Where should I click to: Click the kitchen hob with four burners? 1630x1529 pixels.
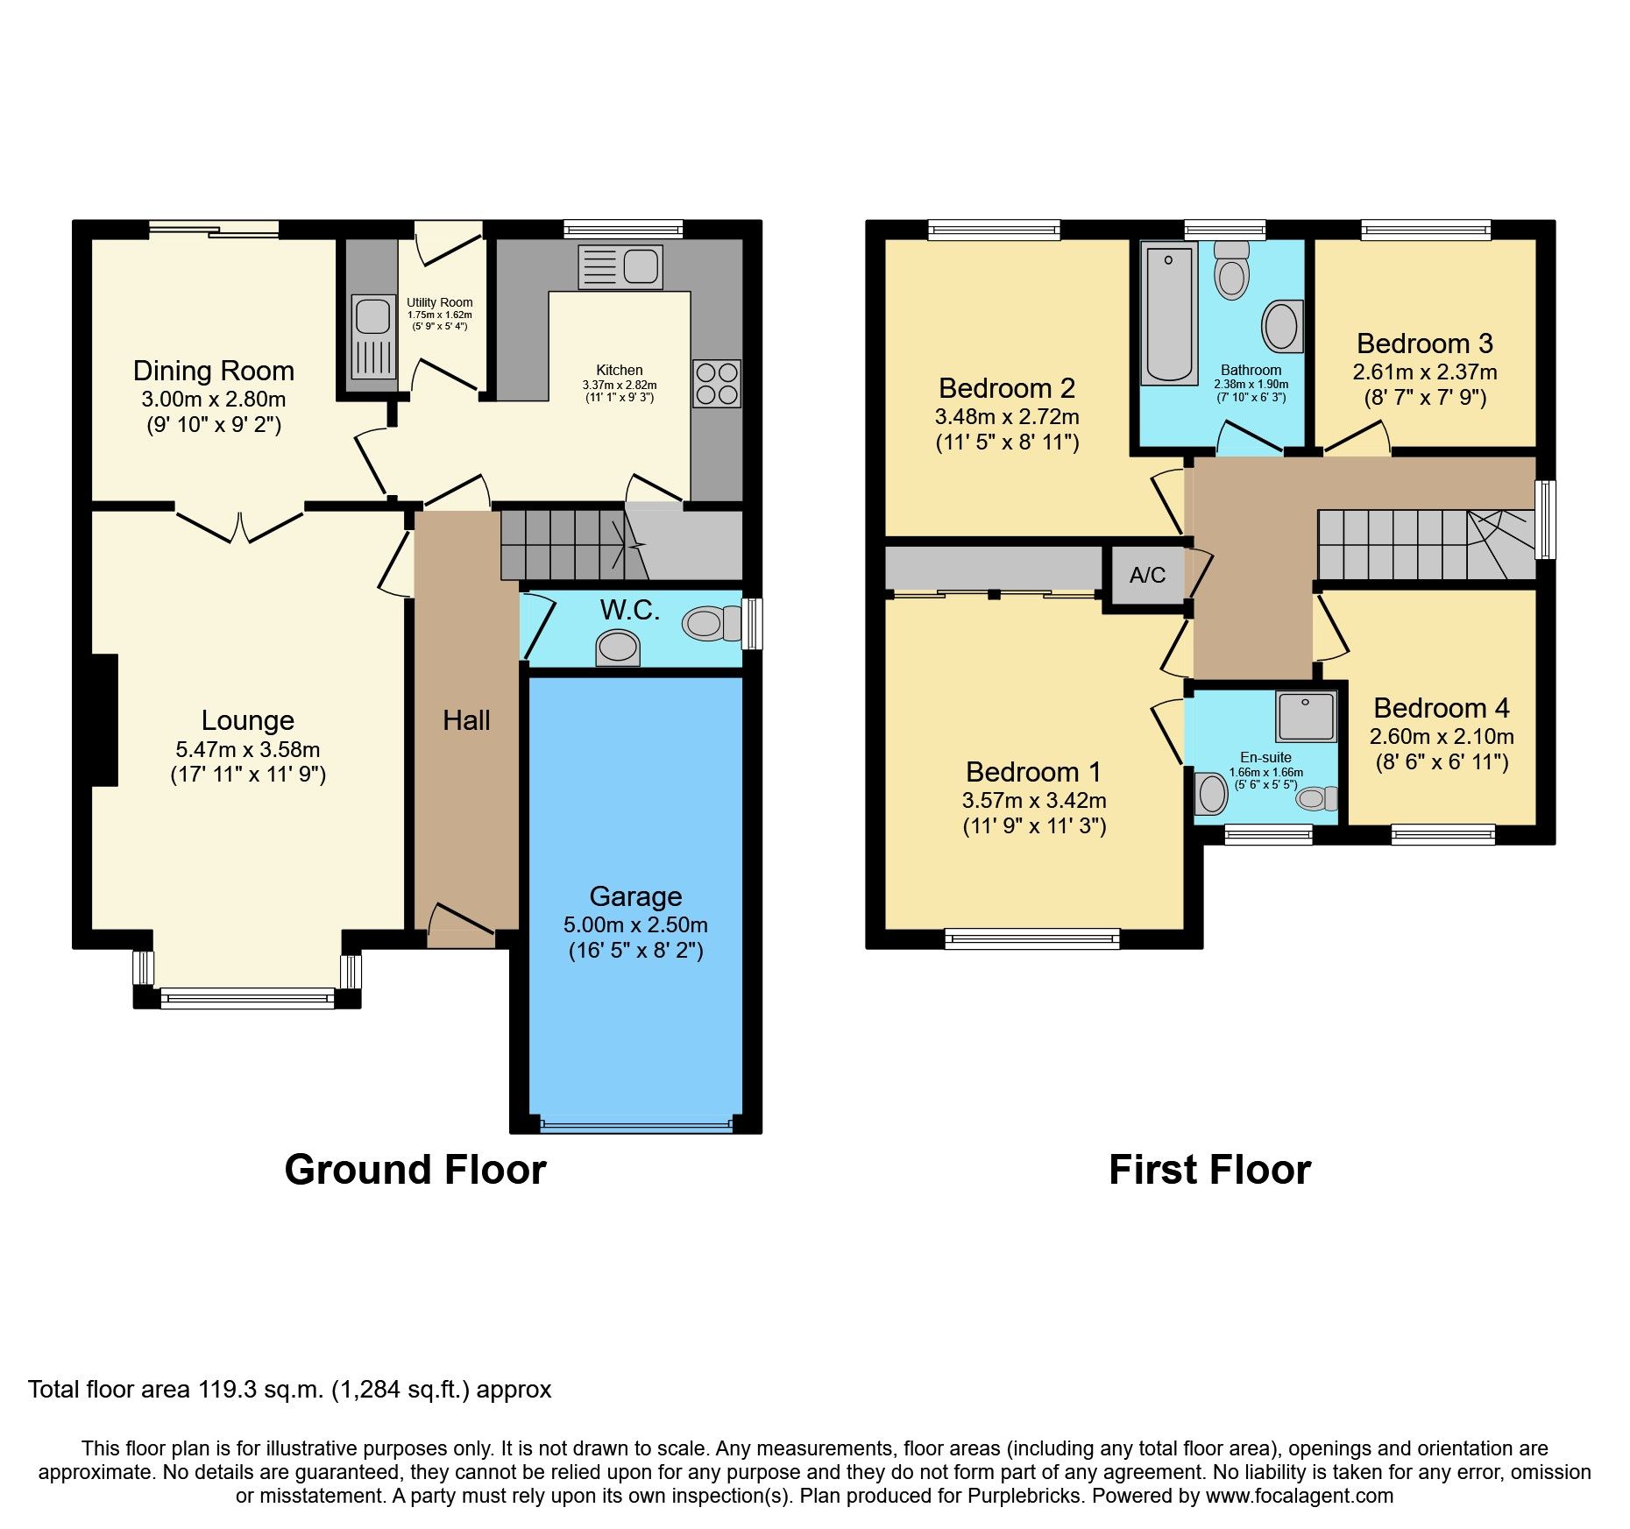[717, 383]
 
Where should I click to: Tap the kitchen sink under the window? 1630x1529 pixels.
[620, 266]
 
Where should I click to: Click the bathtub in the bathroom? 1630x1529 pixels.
[1168, 314]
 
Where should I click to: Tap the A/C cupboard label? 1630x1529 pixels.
[1147, 575]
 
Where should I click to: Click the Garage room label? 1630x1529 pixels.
[635, 896]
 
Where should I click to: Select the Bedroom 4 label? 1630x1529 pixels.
[1441, 708]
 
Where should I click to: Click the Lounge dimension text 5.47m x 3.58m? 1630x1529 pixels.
[248, 749]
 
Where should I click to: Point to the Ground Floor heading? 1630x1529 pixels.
[415, 1170]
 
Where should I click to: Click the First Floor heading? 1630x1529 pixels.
[1209, 1170]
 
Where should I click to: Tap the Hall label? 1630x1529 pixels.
[466, 720]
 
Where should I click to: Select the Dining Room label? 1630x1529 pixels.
[213, 371]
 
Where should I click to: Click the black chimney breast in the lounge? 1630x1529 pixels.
[104, 719]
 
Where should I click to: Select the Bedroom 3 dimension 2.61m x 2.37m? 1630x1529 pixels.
[1425, 372]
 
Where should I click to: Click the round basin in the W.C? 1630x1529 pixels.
[617, 649]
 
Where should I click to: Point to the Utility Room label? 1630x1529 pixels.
[439, 302]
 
